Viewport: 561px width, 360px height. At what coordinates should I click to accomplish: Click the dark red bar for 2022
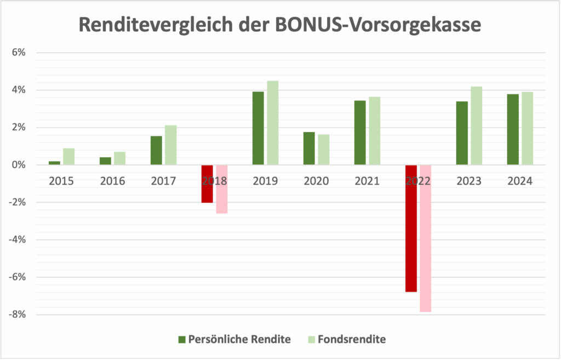click(411, 228)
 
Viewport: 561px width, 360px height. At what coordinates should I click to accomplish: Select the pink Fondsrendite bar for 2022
click(425, 238)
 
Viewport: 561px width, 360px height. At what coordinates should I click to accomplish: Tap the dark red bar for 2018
click(207, 184)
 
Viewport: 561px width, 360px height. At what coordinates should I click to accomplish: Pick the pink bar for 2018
click(221, 189)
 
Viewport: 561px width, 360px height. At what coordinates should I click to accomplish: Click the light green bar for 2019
click(272, 123)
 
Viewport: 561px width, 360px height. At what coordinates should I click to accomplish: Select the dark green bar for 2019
click(258, 128)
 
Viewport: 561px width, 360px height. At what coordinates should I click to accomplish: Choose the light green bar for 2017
click(170, 145)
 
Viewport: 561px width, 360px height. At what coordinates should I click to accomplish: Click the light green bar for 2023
click(476, 125)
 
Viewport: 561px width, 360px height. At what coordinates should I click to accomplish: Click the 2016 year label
click(113, 181)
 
